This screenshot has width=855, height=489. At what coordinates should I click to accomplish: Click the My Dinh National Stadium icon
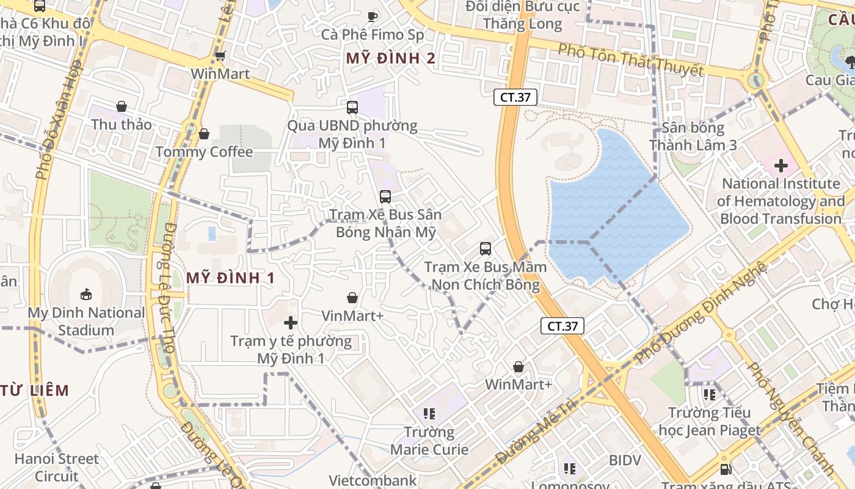click(86, 295)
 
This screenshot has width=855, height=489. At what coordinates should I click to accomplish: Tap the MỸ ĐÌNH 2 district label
click(391, 59)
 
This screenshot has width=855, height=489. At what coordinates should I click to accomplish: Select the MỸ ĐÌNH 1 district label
click(230, 278)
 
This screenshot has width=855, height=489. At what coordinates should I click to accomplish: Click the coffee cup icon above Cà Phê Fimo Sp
click(373, 16)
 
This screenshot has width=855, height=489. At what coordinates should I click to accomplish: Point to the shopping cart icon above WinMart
click(220, 56)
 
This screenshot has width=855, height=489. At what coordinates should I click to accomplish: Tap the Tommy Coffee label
click(204, 152)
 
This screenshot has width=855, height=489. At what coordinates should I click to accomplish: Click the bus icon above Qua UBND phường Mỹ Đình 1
click(352, 108)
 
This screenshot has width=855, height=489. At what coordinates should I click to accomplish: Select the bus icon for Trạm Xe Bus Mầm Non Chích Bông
click(486, 249)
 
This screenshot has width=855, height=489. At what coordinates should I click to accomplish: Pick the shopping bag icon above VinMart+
click(352, 298)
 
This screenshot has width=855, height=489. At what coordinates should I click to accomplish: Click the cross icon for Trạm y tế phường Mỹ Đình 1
click(291, 322)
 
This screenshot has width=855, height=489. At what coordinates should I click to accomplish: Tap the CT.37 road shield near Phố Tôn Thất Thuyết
click(515, 97)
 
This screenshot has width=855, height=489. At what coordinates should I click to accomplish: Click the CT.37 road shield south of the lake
click(562, 326)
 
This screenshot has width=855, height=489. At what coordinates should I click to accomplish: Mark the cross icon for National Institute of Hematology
click(781, 165)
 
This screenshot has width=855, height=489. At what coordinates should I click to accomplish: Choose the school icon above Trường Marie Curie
click(429, 414)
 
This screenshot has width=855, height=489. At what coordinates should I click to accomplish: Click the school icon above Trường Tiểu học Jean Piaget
click(709, 394)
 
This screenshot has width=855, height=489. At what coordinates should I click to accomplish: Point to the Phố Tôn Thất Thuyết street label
click(631, 60)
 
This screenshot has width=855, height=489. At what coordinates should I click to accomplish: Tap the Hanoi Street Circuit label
click(57, 467)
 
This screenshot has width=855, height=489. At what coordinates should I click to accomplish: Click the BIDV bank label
click(626, 460)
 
